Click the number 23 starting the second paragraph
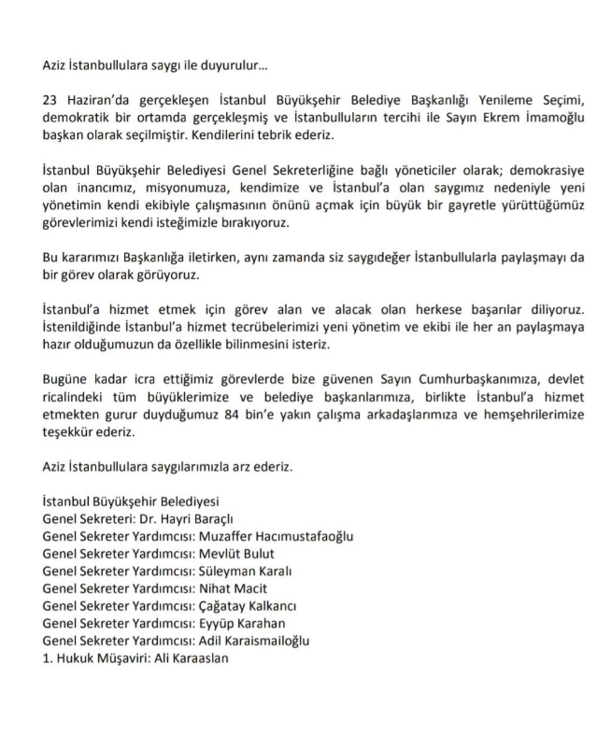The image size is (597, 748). coord(51,101)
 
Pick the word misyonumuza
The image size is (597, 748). coord(163,190)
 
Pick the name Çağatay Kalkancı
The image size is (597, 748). coord(246,606)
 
